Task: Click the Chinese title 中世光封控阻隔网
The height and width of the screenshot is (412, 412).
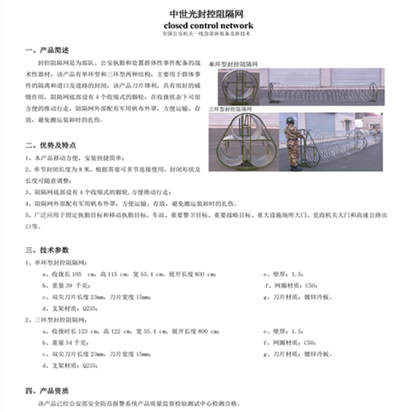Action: (x=205, y=14)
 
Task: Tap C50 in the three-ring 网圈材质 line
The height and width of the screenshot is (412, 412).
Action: (x=307, y=341)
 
